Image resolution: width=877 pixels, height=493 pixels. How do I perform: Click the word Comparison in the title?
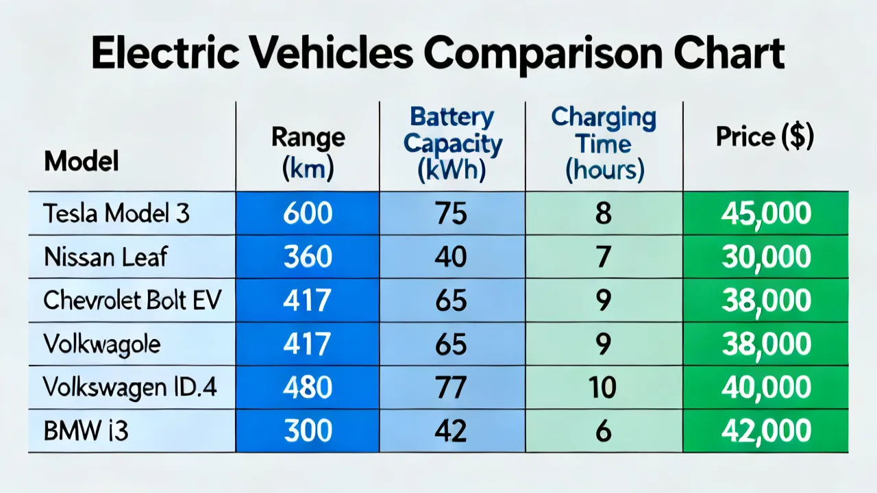(x=543, y=53)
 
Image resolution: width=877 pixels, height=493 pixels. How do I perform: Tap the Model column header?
(x=82, y=161)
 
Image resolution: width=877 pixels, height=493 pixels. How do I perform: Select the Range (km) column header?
(x=308, y=153)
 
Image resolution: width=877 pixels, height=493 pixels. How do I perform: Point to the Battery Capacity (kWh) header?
(x=453, y=144)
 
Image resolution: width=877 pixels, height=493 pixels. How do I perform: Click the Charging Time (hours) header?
(x=604, y=144)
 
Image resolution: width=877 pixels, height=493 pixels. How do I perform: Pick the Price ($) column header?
(x=765, y=137)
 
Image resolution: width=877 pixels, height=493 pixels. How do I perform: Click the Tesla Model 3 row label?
(x=116, y=213)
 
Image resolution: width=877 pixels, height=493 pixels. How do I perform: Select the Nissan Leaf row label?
(x=106, y=257)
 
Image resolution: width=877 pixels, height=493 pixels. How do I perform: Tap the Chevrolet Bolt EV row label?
(x=132, y=300)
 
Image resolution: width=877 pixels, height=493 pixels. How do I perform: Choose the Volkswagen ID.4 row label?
(x=129, y=387)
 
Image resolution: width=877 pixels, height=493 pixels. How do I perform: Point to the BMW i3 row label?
(x=86, y=431)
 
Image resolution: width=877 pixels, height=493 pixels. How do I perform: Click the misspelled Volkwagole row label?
(x=102, y=344)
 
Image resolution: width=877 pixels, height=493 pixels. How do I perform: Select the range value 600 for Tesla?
(x=308, y=213)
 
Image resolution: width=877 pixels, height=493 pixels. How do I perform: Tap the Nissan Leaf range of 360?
(x=308, y=257)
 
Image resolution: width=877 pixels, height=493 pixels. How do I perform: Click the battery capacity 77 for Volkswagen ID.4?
(x=451, y=387)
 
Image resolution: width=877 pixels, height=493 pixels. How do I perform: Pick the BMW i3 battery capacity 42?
(x=451, y=431)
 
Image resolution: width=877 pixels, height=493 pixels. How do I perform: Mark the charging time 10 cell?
(x=603, y=387)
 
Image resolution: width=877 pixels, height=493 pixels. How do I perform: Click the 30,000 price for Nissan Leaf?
(x=766, y=257)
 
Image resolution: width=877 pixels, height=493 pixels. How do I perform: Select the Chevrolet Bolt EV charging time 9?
(x=604, y=300)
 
